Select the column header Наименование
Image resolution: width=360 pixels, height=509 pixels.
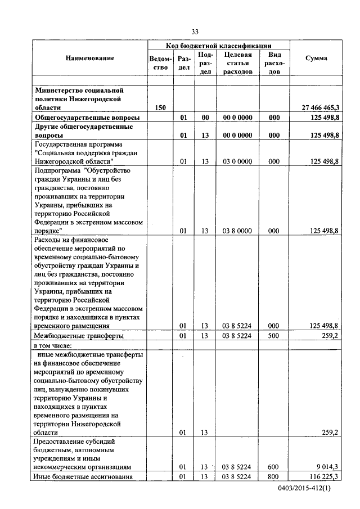89,58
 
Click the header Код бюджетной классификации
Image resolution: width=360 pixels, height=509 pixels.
219,45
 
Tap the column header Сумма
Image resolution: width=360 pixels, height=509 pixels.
316,58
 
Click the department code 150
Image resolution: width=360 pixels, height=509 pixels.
160,107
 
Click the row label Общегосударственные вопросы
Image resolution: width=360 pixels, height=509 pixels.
87,117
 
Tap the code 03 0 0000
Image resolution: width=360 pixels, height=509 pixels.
237,161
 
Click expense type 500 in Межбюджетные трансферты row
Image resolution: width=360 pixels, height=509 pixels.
274,336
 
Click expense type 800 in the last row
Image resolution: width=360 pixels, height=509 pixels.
274,477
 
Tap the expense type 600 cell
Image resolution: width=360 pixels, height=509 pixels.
274,467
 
